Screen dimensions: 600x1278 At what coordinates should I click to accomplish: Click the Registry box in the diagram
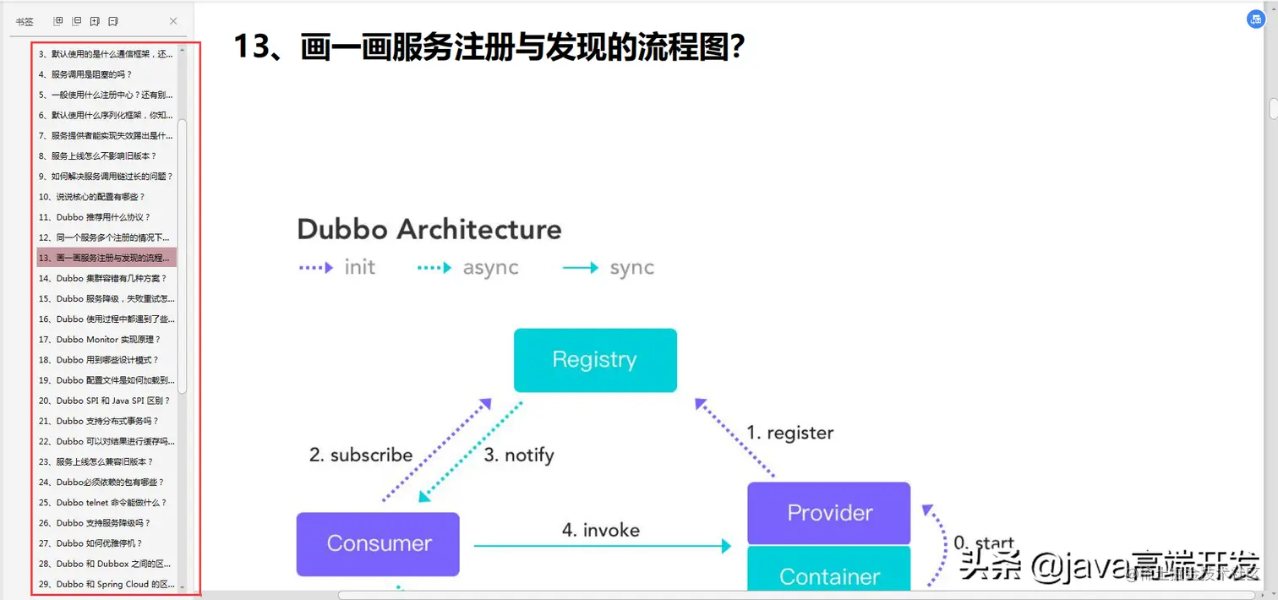coord(595,360)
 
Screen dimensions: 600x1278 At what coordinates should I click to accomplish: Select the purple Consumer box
coord(378,543)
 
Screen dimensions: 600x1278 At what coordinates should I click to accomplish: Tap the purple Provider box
coord(828,513)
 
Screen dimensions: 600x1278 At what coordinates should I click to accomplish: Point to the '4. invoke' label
coord(601,530)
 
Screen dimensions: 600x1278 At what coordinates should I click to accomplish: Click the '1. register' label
coord(789,433)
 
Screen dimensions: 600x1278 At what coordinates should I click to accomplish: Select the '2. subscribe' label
coord(361,455)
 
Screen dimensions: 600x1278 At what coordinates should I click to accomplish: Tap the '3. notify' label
coord(518,455)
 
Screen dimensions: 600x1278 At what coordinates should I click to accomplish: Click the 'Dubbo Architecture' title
coord(429,229)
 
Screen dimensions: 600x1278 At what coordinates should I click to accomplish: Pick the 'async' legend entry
coord(490,268)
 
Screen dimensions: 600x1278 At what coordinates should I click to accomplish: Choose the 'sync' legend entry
coord(631,268)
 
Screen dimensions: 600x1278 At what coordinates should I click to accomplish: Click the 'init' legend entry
coord(359,268)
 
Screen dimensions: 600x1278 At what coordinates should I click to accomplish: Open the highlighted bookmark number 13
coord(106,258)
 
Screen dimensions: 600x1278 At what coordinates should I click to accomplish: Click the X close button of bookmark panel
coord(173,21)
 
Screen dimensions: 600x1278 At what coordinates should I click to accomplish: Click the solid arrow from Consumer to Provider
coord(602,546)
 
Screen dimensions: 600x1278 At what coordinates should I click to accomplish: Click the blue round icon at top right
coord(1256,19)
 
